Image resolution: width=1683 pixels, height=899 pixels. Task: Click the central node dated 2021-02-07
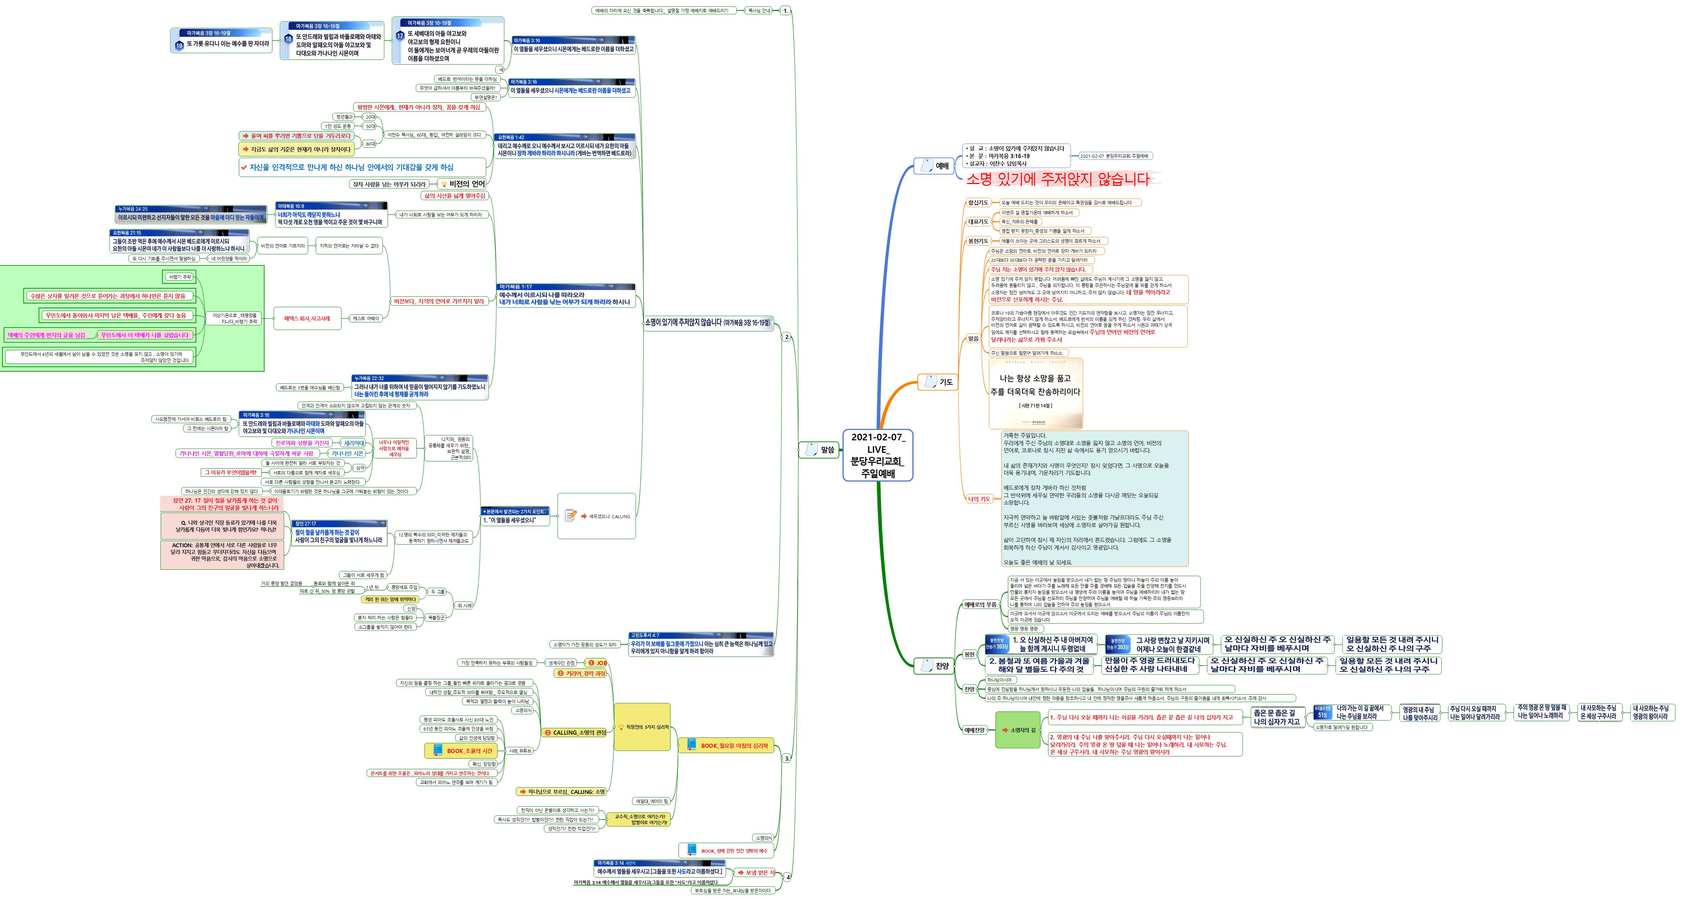(x=877, y=455)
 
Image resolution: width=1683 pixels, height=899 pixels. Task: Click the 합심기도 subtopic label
(x=978, y=203)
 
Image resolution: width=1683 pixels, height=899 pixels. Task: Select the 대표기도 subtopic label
(x=978, y=222)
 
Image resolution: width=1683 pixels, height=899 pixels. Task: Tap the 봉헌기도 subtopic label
(x=978, y=241)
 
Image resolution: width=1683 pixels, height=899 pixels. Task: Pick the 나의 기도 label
(x=979, y=499)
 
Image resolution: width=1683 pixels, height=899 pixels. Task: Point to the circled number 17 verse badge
(x=400, y=36)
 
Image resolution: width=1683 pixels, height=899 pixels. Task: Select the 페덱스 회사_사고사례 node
(x=307, y=319)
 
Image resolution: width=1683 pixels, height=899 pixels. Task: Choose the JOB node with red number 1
(x=597, y=662)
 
